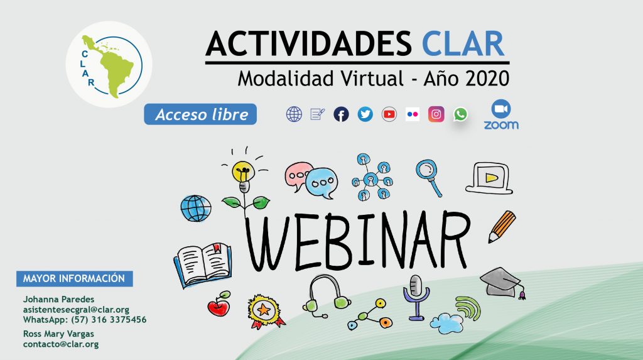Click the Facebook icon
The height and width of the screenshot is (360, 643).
[x=341, y=114]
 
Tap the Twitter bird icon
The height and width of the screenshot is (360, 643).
[x=365, y=114]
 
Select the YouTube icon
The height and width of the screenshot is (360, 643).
[x=389, y=114]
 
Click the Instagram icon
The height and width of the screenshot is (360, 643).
[x=436, y=114]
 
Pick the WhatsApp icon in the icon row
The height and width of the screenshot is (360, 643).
[x=460, y=114]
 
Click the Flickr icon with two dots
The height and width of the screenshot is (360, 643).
[x=413, y=114]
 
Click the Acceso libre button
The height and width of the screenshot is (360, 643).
[x=200, y=114]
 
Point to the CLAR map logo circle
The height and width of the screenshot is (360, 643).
[x=109, y=65]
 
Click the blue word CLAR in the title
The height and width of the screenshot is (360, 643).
[x=463, y=43]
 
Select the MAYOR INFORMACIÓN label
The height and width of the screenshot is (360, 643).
[x=74, y=278]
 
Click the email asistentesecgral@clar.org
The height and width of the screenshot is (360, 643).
[x=76, y=310]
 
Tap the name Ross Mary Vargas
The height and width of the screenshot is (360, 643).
[x=58, y=334]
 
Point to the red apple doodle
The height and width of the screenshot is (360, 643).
[x=219, y=304]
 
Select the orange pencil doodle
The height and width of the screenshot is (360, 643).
[x=502, y=227]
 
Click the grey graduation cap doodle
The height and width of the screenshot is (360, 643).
[x=502, y=283]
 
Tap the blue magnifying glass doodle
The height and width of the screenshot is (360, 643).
[x=428, y=177]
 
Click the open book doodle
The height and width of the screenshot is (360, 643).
[x=203, y=265]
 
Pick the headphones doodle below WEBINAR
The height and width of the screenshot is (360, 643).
[x=326, y=295]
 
